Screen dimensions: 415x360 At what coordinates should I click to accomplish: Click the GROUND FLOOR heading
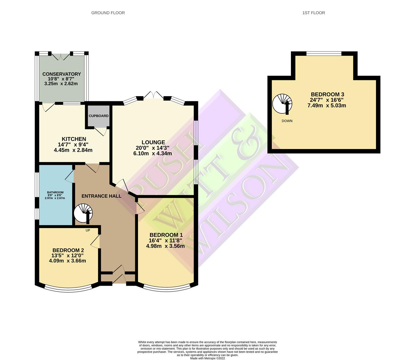[x=108, y=13]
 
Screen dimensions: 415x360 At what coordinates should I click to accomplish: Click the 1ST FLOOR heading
[x=314, y=13]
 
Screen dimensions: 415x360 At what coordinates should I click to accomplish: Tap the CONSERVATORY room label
[x=62, y=74]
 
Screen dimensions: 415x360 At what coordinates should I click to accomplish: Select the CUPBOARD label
[x=99, y=116]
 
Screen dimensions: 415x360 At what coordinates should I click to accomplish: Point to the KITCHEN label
[x=74, y=139]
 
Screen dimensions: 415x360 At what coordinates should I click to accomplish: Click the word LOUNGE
[x=153, y=142]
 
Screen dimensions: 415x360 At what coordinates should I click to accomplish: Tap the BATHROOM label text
[x=55, y=192]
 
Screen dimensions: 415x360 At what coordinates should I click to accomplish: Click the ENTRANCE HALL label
[x=101, y=196]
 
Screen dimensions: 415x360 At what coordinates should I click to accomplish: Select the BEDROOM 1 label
[x=166, y=235]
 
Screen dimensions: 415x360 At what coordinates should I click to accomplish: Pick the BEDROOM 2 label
[x=68, y=250]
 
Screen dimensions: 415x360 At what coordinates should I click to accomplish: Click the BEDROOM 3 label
[x=327, y=94]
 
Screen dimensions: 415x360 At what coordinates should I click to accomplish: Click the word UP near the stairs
[x=88, y=230]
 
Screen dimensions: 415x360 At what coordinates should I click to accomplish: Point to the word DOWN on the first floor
[x=287, y=121]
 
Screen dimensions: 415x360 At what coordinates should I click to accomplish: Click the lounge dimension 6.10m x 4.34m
[x=153, y=153]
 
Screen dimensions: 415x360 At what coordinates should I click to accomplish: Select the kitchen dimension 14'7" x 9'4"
[x=73, y=145]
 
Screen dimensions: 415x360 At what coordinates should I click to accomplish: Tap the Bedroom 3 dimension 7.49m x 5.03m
[x=327, y=105]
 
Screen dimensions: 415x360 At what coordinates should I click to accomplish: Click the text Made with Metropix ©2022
[x=207, y=358]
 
